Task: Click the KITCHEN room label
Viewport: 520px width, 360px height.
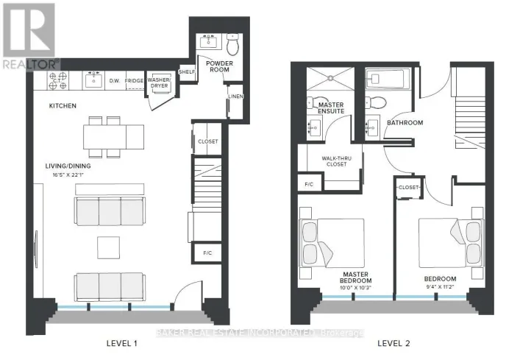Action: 63,106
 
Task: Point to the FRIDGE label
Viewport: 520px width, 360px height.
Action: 134,81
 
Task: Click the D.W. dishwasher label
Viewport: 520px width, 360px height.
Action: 114,81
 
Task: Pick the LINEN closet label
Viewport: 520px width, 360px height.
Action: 236,97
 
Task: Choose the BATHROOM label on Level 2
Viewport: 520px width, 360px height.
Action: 405,123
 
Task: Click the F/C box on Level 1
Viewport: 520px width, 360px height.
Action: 207,253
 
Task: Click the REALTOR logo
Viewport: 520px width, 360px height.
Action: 29,35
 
